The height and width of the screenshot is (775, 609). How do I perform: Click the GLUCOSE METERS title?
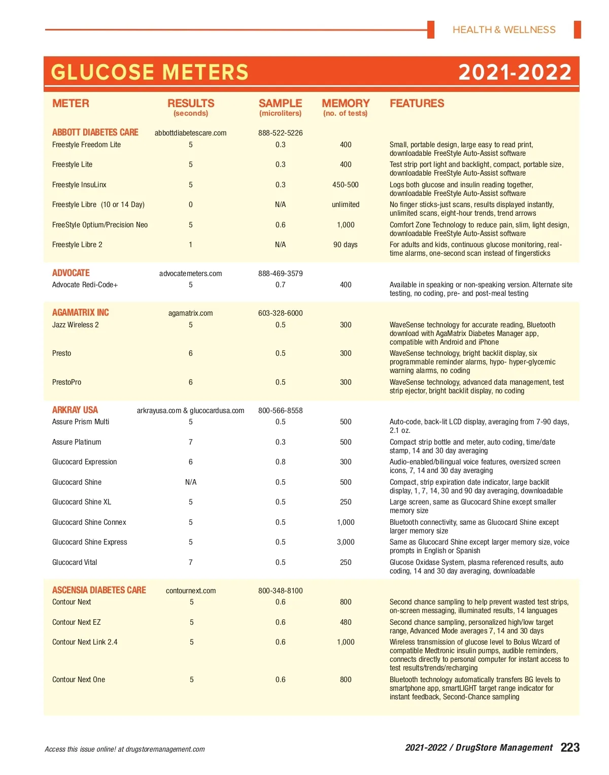pos(150,73)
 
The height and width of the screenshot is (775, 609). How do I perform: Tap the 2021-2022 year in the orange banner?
pos(515,73)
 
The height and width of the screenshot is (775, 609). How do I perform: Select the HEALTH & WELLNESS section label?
pos(504,30)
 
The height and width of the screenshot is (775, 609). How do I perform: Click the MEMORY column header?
pos(346,104)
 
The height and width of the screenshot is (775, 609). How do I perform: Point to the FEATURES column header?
pos(417,104)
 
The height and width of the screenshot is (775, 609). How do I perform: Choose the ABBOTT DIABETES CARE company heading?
pos(95,132)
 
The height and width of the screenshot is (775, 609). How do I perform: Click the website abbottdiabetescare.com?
pos(190,133)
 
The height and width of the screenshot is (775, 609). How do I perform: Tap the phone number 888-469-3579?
pos(280,274)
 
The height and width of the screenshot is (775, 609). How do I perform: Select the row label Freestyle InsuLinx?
pos(79,185)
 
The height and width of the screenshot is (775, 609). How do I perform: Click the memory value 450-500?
pos(346,185)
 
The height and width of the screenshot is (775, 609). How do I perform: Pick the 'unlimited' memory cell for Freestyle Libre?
pos(346,205)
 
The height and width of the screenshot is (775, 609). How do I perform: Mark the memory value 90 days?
pos(346,245)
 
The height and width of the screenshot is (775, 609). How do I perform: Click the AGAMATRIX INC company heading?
pos(81,313)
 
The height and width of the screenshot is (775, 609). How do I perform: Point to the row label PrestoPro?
pos(66,382)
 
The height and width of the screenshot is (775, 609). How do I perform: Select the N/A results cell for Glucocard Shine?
pos(191,482)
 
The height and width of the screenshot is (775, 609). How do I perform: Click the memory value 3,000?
pos(346,542)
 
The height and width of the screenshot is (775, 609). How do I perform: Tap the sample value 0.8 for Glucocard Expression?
pos(280,462)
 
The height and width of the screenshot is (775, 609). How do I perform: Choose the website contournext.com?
pos(191,591)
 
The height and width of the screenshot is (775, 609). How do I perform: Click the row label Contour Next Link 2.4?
pos(85,642)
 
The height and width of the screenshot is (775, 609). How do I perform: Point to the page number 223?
pos(570,748)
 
